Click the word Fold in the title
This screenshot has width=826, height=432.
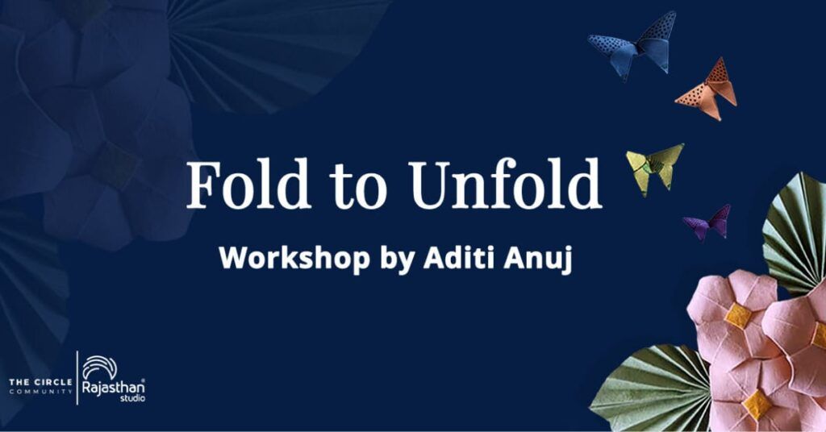click(x=248, y=185)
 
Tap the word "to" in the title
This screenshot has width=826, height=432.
click(x=358, y=187)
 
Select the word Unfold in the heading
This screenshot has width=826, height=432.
click(x=505, y=185)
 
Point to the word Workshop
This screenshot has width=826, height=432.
click(x=294, y=258)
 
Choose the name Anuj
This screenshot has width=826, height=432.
click(x=538, y=259)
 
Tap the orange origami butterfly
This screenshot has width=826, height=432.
click(x=707, y=89)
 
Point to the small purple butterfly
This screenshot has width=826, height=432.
click(x=708, y=222)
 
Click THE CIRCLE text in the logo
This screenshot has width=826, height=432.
click(x=40, y=382)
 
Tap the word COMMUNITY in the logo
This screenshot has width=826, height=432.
click(x=40, y=392)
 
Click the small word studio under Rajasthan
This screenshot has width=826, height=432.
click(x=133, y=399)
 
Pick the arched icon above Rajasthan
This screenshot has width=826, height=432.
click(x=100, y=366)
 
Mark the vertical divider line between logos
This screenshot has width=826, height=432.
click(x=77, y=378)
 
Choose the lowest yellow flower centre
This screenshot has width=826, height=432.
click(x=757, y=405)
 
